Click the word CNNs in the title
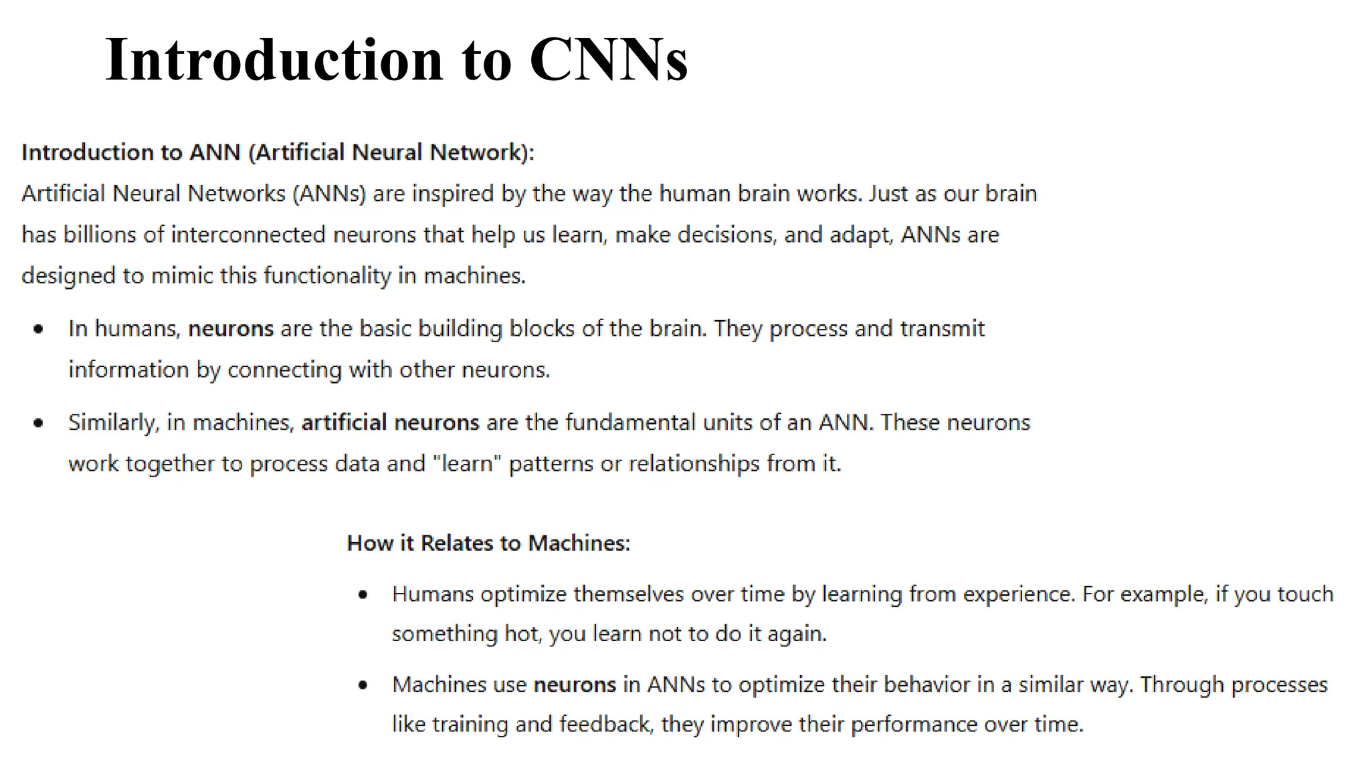click(608, 59)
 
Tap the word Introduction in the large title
click(274, 59)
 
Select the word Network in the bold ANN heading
click(475, 152)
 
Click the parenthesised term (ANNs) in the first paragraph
click(329, 194)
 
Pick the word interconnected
click(248, 235)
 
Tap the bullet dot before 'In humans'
click(39, 329)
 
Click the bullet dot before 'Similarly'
click(39, 422)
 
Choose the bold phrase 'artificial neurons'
click(390, 422)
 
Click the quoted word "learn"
click(467, 464)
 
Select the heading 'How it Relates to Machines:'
click(488, 543)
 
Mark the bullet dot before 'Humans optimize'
click(363, 594)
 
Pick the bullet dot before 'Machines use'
click(363, 684)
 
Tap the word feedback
click(605, 725)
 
